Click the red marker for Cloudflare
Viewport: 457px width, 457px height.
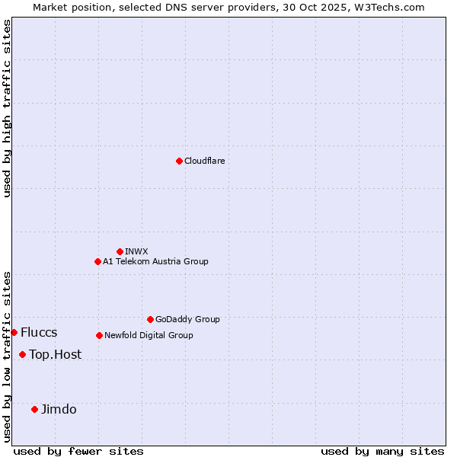[179, 161]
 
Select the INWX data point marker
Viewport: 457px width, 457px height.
[120, 251]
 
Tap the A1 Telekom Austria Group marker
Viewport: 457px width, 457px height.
[97, 261]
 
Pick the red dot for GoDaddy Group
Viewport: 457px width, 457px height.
[150, 319]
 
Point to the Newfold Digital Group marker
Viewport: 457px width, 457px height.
[99, 335]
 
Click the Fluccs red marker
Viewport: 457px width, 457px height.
[14, 332]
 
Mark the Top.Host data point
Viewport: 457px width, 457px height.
[22, 354]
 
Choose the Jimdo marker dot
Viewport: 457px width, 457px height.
[34, 409]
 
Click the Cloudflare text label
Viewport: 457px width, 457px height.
[204, 161]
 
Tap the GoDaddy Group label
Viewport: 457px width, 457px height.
[187, 319]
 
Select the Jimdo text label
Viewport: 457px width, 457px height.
[59, 409]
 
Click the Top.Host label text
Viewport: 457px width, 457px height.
[55, 354]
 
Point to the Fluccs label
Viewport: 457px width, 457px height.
[39, 332]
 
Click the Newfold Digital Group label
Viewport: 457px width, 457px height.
[149, 335]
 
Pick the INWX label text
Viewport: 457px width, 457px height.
[136, 251]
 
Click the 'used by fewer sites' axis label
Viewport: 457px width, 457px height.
[78, 451]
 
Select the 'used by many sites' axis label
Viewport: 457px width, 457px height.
[382, 451]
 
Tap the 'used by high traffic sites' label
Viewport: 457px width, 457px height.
[7, 108]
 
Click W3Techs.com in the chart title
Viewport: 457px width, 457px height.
[388, 7]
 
